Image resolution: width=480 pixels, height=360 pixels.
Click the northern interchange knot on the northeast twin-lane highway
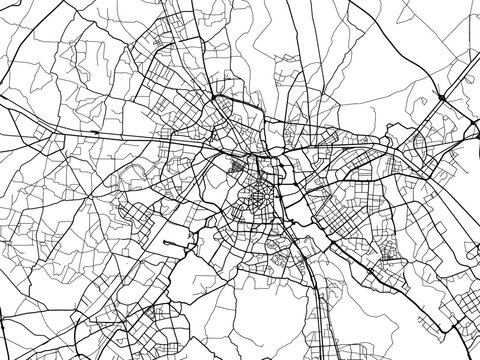(441, 97)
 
